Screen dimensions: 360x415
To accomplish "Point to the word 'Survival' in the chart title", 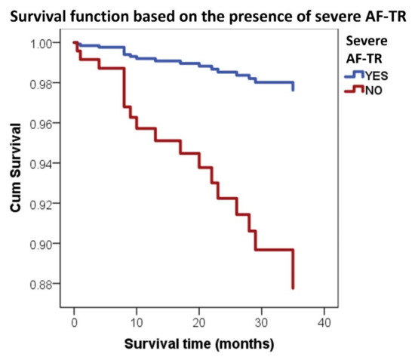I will tap(38, 11).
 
